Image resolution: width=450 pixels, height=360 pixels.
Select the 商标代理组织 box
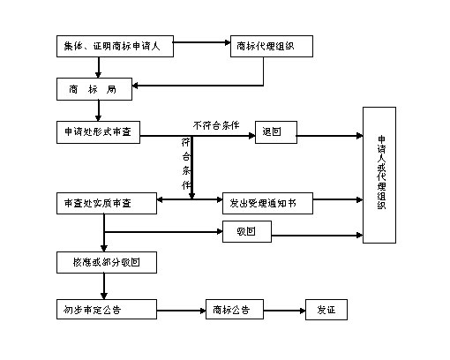(272, 47)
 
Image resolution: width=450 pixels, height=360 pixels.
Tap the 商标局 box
(93, 89)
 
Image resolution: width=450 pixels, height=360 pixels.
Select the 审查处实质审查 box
(105, 202)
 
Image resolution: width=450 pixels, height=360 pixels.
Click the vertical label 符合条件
(186, 163)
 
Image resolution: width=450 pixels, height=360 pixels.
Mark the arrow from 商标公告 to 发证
(278, 311)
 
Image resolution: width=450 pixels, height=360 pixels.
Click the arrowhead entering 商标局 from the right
(138, 86)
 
